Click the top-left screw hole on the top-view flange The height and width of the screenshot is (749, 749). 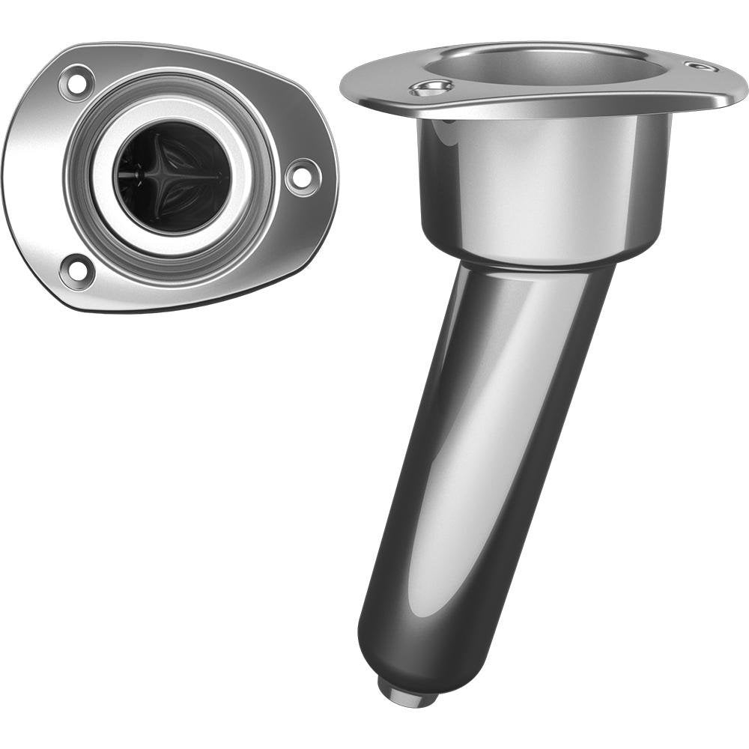[x=76, y=82]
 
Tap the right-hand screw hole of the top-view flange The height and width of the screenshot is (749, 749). [x=303, y=177]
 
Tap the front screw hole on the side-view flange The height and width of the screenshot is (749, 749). [x=431, y=89]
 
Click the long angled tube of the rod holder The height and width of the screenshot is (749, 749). [x=479, y=449]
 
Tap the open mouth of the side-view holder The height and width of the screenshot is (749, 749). [x=554, y=66]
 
